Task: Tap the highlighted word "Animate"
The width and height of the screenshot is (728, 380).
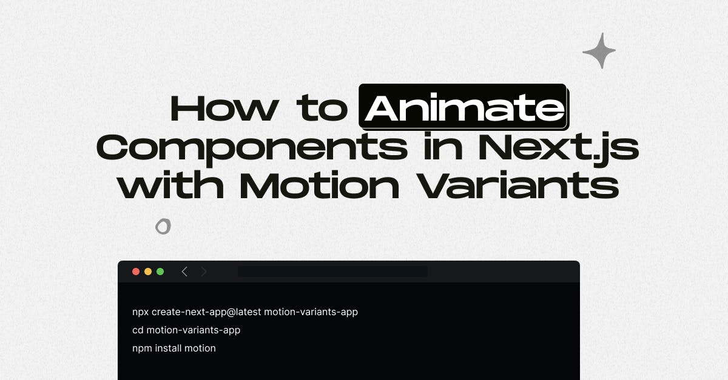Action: click(463, 107)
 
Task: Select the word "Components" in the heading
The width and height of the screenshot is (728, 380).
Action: click(252, 148)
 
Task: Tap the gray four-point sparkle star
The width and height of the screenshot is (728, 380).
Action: click(599, 51)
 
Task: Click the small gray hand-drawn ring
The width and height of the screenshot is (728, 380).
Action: click(163, 227)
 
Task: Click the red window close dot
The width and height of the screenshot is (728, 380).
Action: click(136, 272)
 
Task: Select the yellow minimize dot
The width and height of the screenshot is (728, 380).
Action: click(148, 272)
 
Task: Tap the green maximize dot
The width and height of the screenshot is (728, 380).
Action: click(160, 272)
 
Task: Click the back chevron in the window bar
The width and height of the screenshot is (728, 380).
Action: click(184, 272)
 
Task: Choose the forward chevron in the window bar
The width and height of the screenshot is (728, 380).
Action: click(204, 272)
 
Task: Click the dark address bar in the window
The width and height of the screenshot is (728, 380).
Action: click(332, 272)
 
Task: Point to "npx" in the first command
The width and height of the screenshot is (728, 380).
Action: click(140, 312)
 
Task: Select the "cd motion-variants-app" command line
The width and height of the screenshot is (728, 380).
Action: click(186, 330)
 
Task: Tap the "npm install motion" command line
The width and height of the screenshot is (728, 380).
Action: click(174, 348)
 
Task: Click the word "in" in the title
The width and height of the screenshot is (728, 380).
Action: click(440, 148)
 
